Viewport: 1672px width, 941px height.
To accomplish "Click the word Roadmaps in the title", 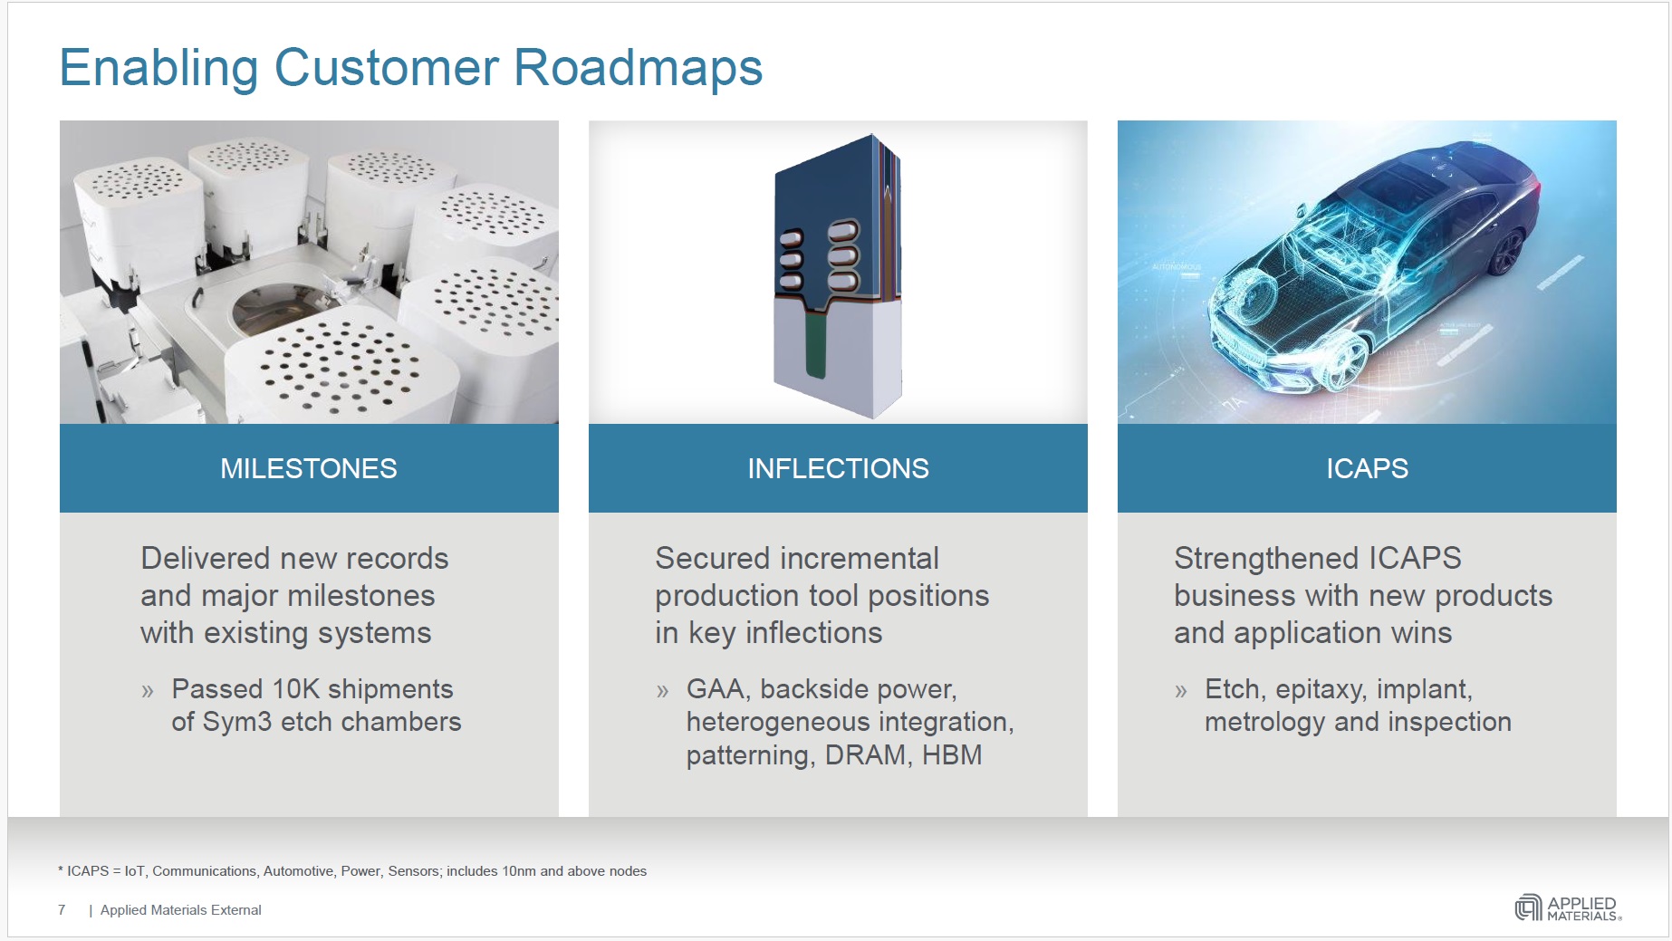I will (638, 68).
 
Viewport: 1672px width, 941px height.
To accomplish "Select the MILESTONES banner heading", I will (308, 468).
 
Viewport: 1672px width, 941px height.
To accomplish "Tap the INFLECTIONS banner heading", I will (838, 468).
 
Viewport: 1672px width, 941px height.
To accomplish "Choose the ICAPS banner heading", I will (1367, 468).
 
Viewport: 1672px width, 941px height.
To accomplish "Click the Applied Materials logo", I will (1568, 907).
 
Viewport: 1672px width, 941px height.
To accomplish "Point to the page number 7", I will (62, 909).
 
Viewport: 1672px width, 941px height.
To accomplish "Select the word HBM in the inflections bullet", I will (952, 755).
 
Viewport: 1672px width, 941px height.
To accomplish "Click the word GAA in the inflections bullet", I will (716, 689).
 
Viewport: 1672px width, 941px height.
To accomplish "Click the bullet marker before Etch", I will (1180, 692).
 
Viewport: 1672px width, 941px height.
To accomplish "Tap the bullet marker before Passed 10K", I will (148, 692).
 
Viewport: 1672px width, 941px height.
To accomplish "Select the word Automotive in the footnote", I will (298, 871).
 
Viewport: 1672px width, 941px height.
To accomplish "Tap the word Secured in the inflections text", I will (706, 559).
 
